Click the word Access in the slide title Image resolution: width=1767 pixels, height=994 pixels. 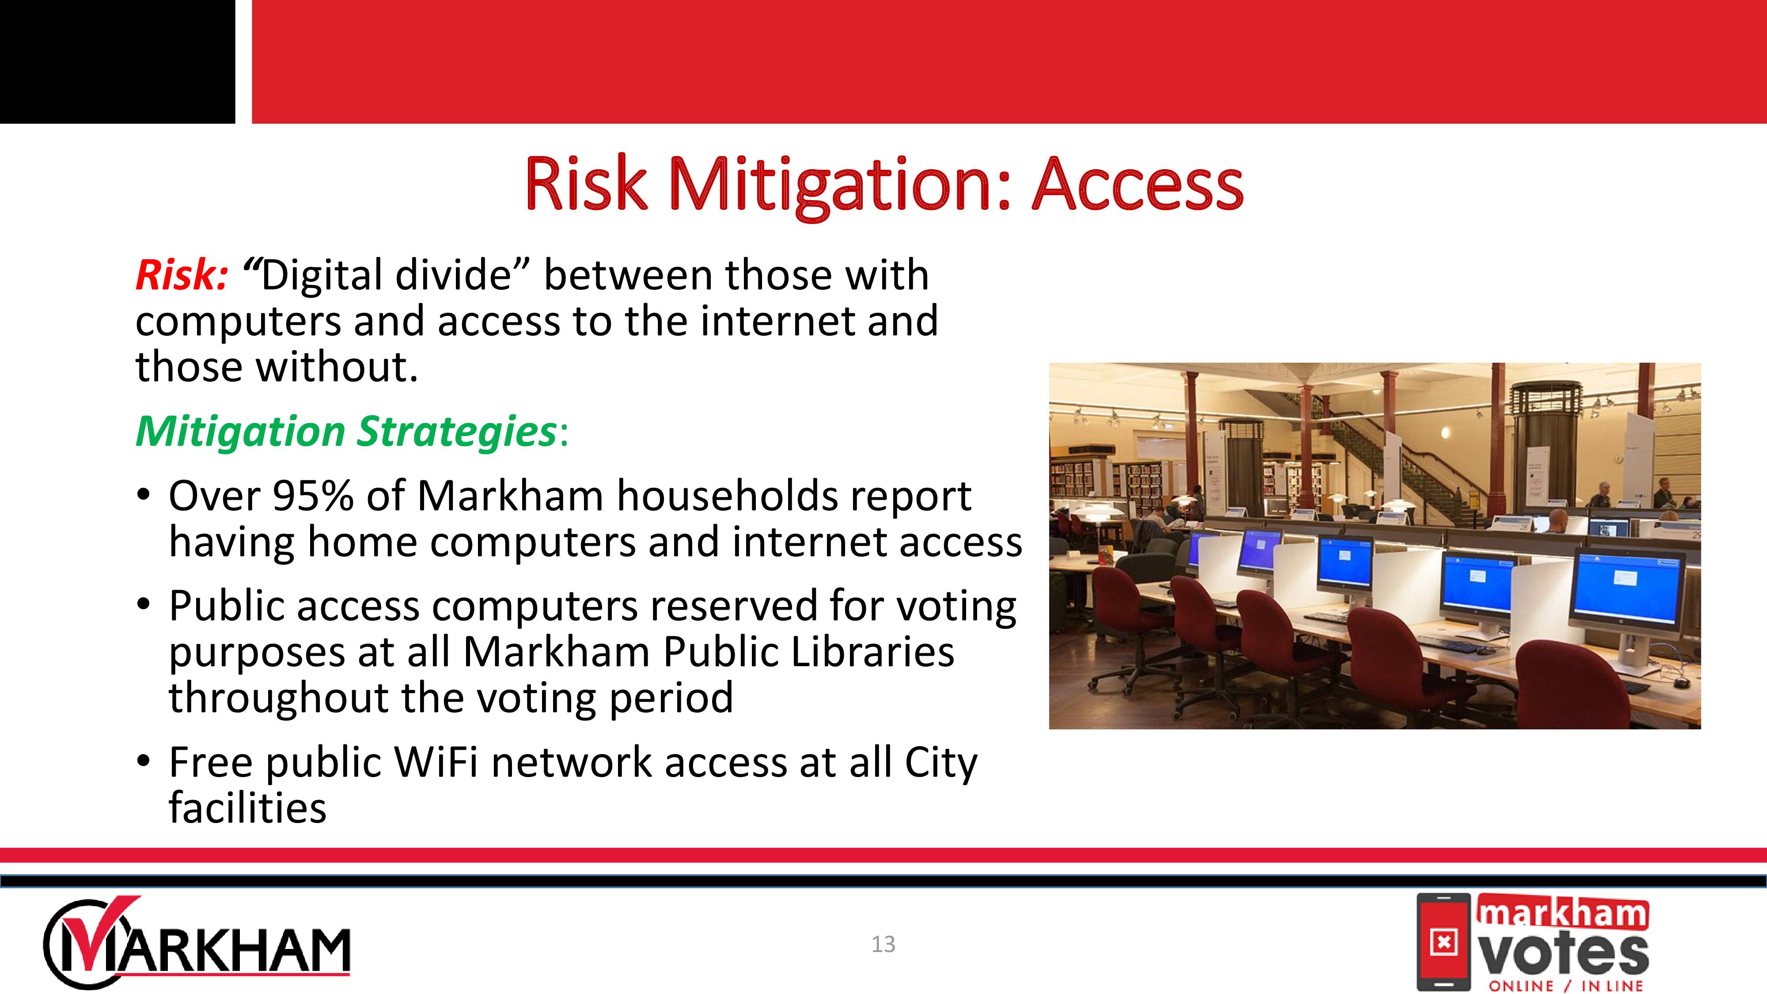point(1138,183)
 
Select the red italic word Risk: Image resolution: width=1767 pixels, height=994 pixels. point(181,275)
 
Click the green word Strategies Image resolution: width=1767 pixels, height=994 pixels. point(457,432)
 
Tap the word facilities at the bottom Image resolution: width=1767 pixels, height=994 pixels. point(248,808)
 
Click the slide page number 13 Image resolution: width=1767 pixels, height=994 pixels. point(883,945)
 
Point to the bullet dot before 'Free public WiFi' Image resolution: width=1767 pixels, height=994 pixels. point(143,762)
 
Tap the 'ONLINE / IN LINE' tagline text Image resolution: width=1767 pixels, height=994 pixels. point(1566,986)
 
